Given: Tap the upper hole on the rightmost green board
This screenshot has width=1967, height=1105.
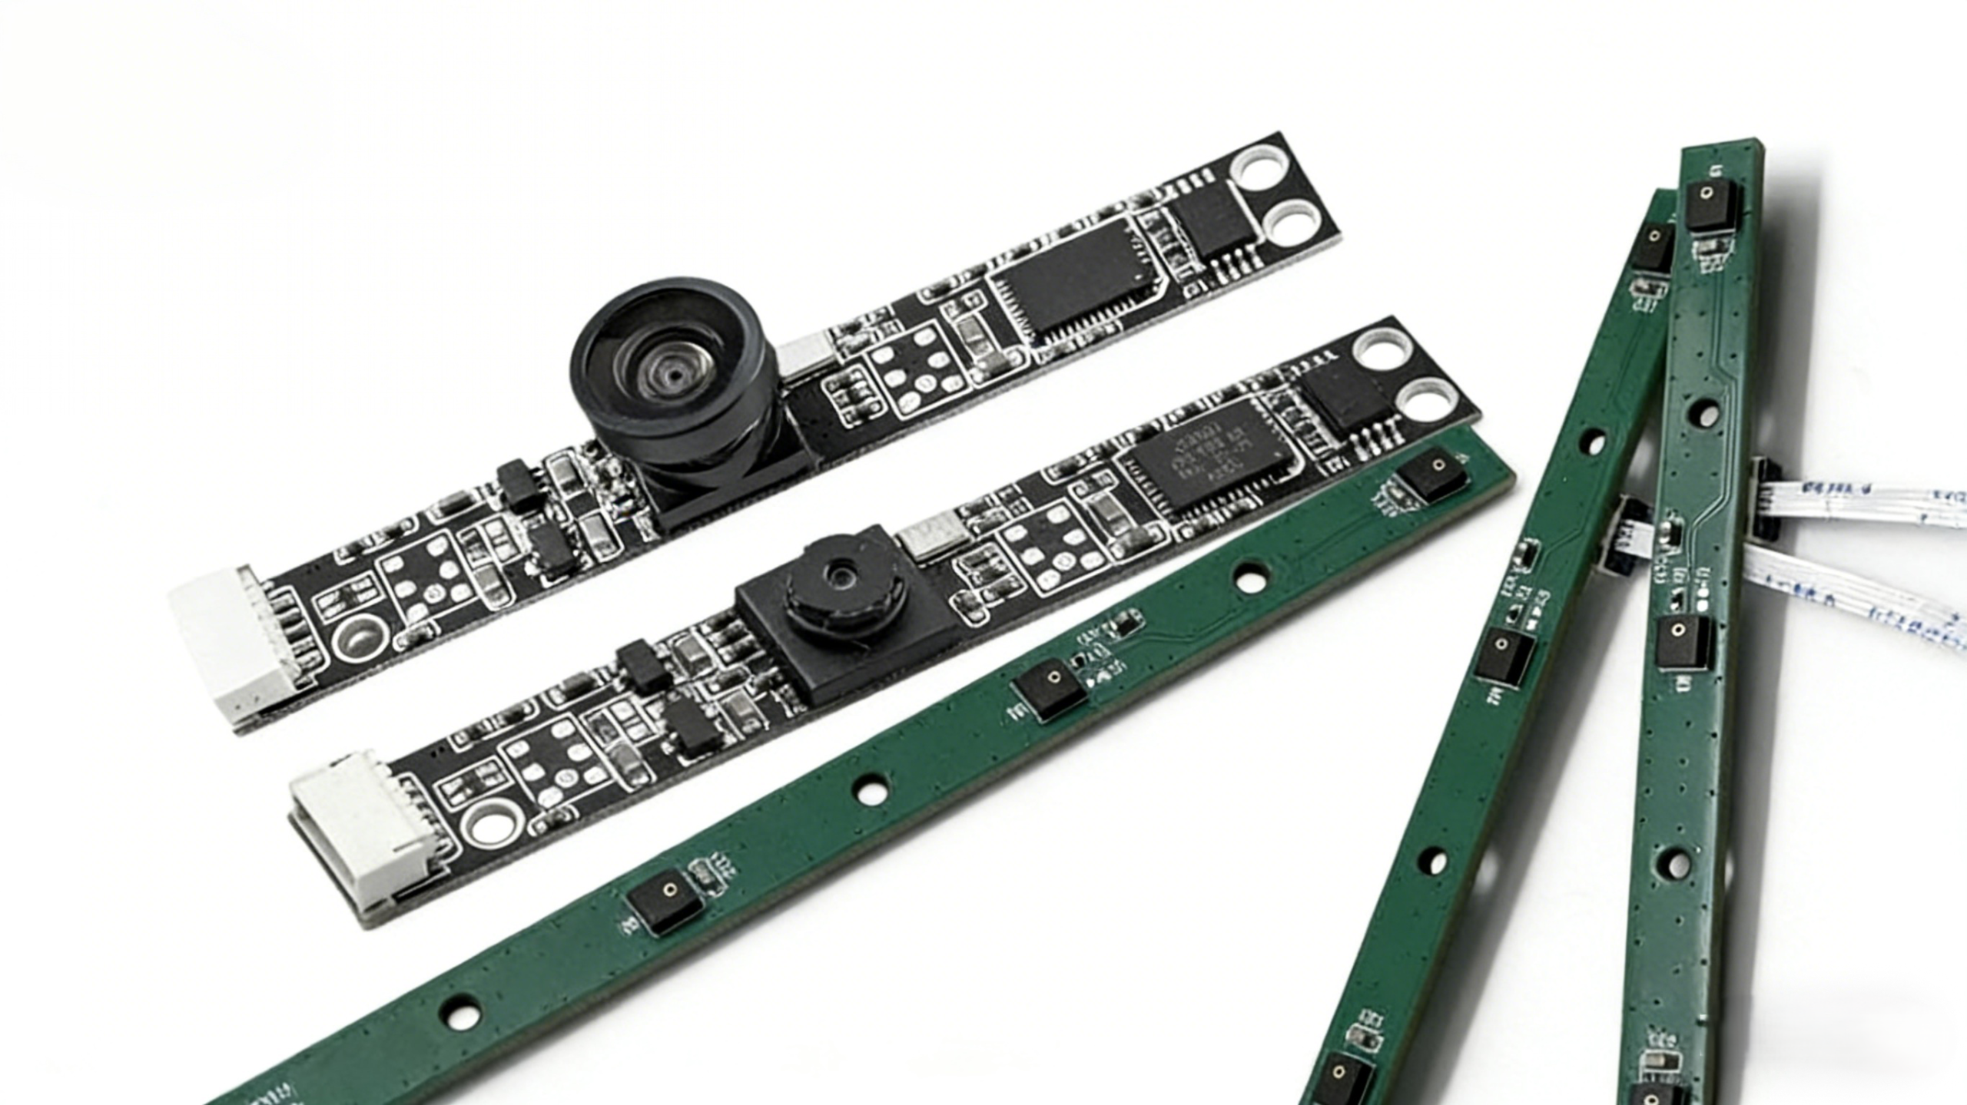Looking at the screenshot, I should pos(1705,414).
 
